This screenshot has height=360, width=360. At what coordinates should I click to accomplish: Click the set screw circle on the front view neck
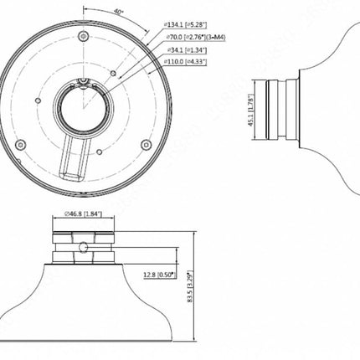85,247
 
